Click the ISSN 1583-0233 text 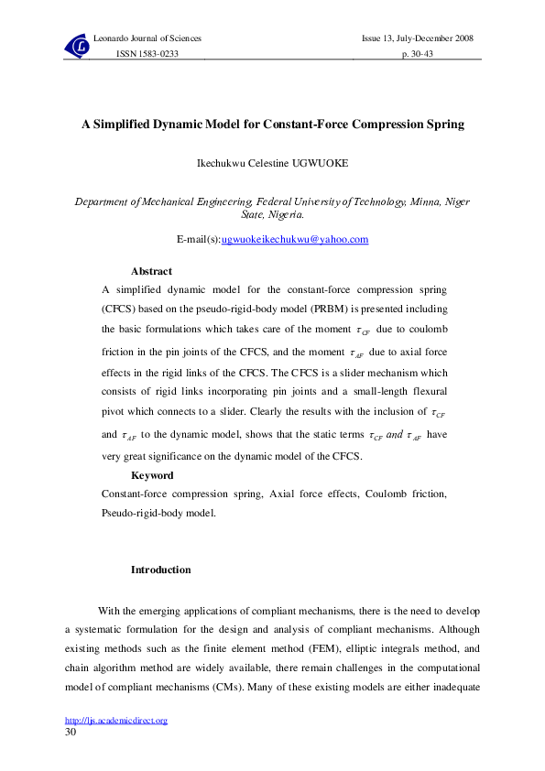click(147, 55)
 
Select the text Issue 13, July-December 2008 click(417, 38)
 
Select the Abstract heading click(151, 271)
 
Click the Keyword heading click(152, 475)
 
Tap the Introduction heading click(161, 570)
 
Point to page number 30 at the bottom click(71, 733)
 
